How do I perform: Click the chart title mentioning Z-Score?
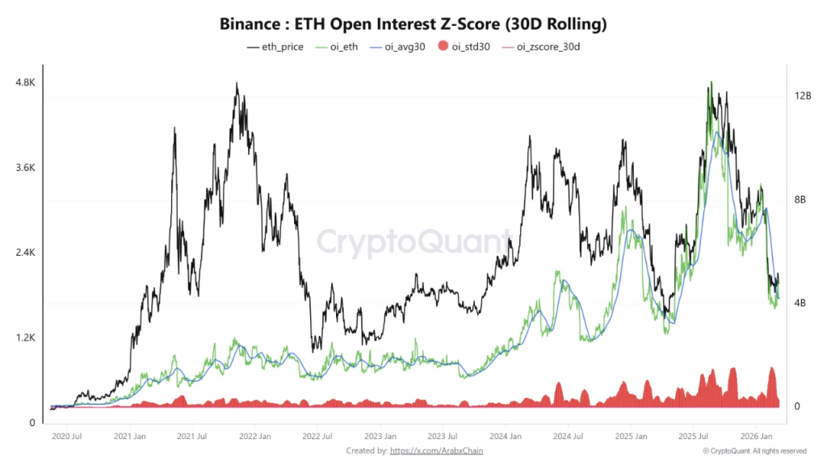point(413,24)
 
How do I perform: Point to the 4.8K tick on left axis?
point(25,83)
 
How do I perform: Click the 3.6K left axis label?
point(25,168)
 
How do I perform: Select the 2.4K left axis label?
point(25,253)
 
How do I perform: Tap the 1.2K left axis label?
point(25,337)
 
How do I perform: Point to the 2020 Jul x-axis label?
point(66,437)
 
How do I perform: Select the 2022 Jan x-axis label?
point(254,437)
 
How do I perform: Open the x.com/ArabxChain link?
point(436,450)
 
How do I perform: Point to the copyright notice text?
point(754,450)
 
